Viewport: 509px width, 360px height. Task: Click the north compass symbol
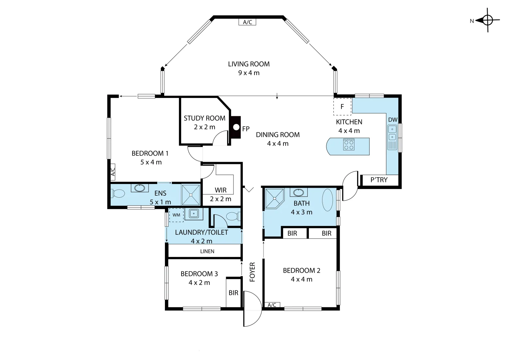[487, 20]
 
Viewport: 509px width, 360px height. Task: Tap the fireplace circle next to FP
[236, 127]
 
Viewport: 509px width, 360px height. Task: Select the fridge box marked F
[342, 106]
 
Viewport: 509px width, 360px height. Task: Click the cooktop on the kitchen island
[348, 145]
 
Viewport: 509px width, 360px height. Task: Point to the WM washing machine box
[176, 215]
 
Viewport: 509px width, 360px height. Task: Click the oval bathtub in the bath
[327, 200]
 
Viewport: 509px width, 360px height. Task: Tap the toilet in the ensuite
[118, 194]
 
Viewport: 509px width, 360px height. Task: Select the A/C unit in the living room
[247, 22]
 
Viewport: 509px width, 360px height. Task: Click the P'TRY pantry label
[379, 180]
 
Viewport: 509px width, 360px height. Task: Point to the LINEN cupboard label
[207, 251]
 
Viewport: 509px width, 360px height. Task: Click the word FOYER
[253, 272]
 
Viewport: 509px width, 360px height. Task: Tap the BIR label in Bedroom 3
[234, 293]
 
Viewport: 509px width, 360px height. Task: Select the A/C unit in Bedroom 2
[272, 305]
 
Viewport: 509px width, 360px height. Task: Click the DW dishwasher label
[393, 120]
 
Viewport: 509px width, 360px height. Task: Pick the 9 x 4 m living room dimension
[249, 73]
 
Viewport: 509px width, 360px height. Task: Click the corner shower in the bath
[275, 199]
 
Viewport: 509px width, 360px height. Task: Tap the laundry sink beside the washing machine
[194, 214]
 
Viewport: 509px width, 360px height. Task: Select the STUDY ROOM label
[205, 118]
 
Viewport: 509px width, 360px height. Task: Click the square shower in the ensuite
[191, 195]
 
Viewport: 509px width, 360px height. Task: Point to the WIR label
[221, 190]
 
